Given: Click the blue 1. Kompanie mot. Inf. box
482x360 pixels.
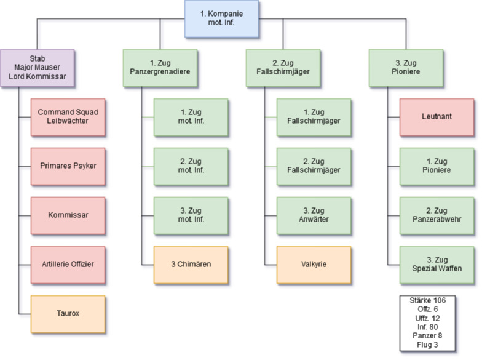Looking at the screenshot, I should [222, 18].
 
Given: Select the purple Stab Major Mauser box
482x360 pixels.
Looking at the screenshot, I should [38, 68].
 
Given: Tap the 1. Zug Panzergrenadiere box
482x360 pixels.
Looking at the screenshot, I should [160, 68].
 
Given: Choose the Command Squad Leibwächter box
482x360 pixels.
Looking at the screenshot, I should [68, 117].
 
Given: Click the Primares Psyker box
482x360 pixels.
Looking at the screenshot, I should [68, 166].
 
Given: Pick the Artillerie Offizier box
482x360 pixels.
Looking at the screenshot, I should [68, 265].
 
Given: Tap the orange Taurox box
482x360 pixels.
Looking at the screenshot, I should [68, 314].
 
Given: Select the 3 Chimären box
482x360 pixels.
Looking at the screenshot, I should [191, 265].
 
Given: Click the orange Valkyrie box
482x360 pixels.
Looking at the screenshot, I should [314, 265].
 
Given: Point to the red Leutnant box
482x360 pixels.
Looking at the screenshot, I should [437, 117].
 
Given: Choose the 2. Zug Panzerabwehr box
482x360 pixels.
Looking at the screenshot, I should [437, 215].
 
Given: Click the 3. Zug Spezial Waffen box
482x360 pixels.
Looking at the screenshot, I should [437, 265].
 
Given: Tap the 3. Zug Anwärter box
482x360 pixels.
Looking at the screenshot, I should [314, 215].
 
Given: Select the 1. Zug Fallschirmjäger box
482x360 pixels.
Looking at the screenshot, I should [314, 117].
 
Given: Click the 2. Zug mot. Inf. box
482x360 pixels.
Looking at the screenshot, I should [191, 166].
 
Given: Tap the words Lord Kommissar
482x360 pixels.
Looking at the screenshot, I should [38, 76].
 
